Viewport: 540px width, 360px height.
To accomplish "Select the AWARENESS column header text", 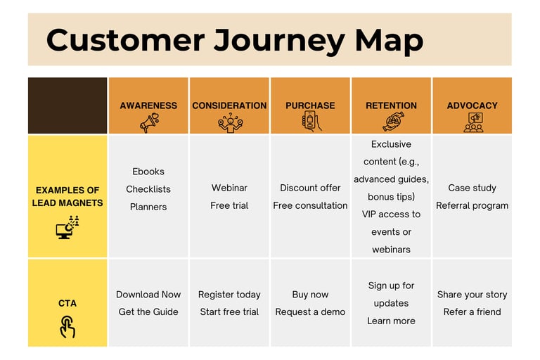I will coord(148,105).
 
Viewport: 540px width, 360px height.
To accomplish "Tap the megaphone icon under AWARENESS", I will coord(148,122).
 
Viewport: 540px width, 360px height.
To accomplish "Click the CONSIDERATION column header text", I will coord(229,105).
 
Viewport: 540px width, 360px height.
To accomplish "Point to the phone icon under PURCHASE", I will coord(310,122).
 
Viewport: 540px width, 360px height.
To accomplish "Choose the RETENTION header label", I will coord(391,105).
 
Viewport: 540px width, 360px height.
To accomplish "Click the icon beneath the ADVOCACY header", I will coord(472,122).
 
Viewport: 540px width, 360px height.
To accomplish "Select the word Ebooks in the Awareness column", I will coord(148,172).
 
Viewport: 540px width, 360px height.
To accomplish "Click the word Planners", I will coord(148,207).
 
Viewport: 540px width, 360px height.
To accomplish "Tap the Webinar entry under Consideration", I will coord(229,188).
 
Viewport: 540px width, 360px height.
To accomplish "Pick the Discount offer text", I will coord(310,188).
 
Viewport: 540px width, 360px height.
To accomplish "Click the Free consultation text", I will coord(310,205).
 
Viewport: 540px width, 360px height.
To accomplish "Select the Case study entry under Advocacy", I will coord(472,188).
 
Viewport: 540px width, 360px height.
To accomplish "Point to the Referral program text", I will coord(472,205).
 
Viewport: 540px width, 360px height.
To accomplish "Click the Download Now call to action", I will coord(148,295).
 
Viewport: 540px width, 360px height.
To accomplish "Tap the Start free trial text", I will coord(229,311).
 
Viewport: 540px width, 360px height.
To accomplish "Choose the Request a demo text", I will coord(310,311).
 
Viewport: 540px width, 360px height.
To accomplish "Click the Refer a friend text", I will coord(472,311).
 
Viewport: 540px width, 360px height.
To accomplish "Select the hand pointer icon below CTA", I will coord(67,326).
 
